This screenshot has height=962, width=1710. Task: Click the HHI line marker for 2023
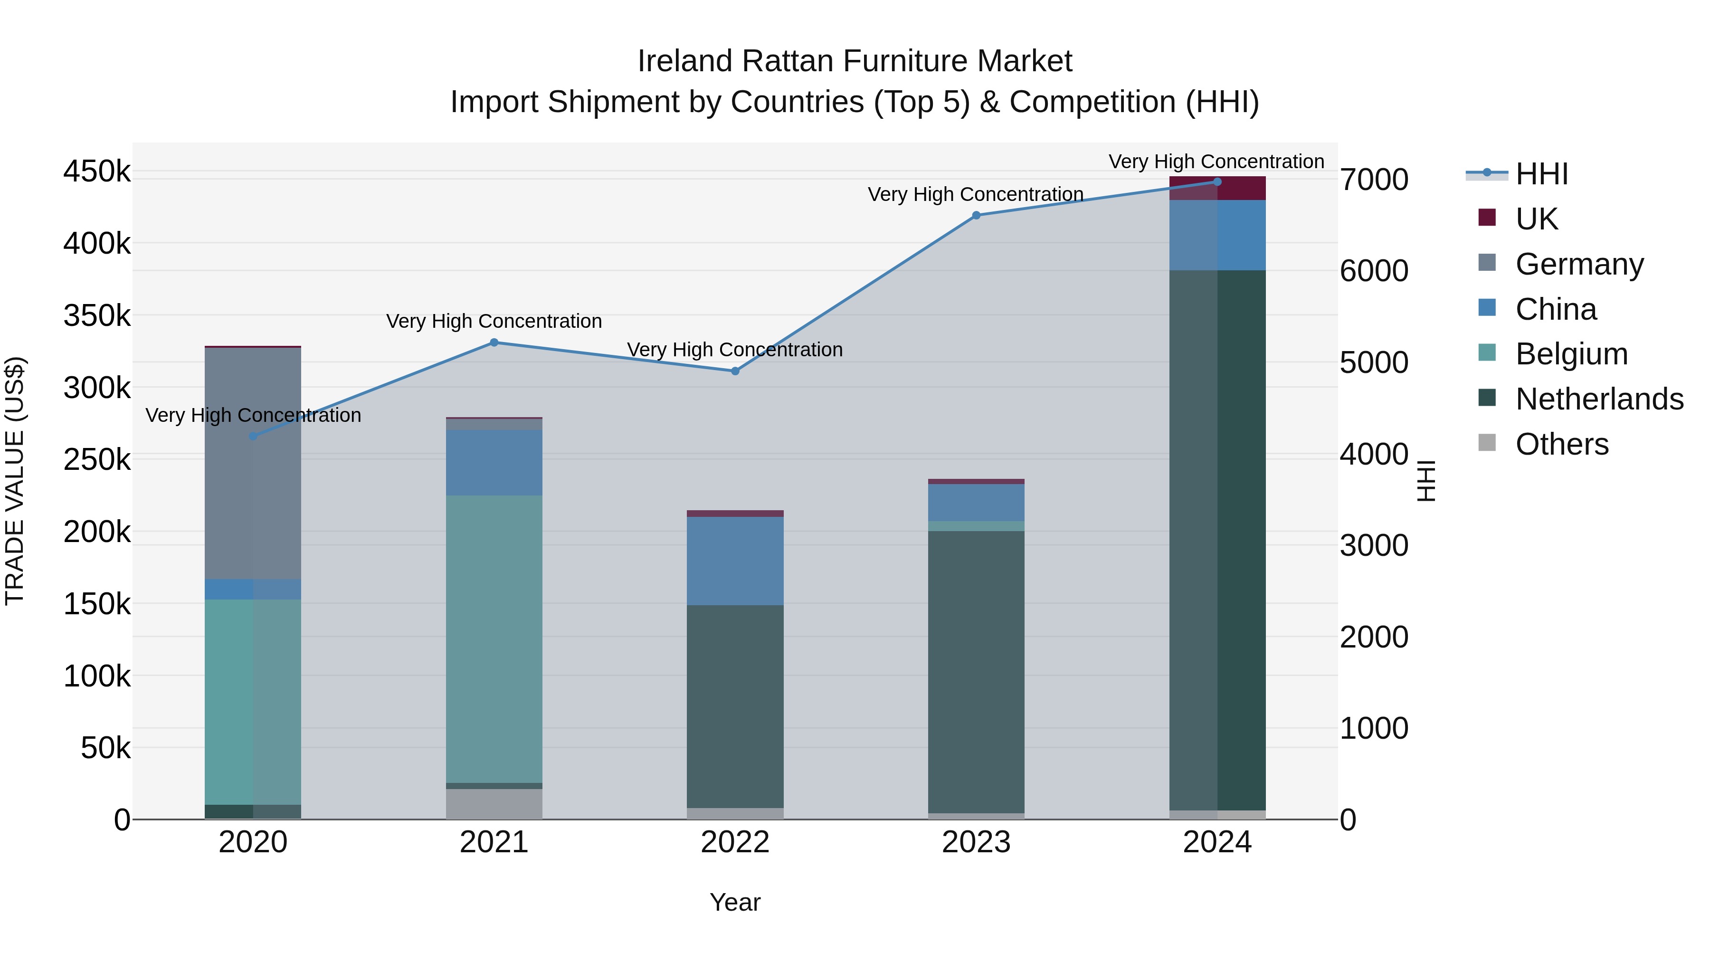[976, 215]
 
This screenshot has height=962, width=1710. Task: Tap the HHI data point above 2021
[494, 343]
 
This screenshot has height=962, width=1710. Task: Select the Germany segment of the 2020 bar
[253, 465]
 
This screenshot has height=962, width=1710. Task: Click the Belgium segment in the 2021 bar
[494, 638]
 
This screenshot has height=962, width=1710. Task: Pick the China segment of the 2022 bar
[735, 561]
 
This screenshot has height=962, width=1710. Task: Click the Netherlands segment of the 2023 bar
[976, 670]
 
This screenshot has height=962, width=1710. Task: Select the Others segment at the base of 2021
[494, 804]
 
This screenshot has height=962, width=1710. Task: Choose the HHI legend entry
[1541, 174]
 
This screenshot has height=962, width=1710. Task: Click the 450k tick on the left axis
[97, 171]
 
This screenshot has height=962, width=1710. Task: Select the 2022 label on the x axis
[735, 842]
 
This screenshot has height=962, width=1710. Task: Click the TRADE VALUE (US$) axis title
[15, 481]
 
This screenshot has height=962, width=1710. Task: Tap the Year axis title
[735, 902]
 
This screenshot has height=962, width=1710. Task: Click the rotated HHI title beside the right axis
[1425, 481]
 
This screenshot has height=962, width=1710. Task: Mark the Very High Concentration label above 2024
[1216, 162]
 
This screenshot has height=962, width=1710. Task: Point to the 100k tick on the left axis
[97, 676]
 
